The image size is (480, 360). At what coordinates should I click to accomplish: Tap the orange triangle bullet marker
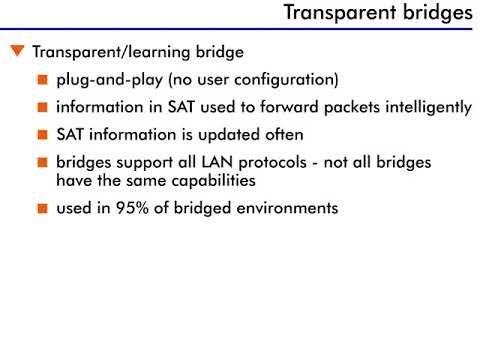pos(16,51)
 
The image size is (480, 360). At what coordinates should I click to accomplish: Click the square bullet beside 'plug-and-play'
pos(42,79)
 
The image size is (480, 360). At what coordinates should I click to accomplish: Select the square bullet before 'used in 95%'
pos(42,209)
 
